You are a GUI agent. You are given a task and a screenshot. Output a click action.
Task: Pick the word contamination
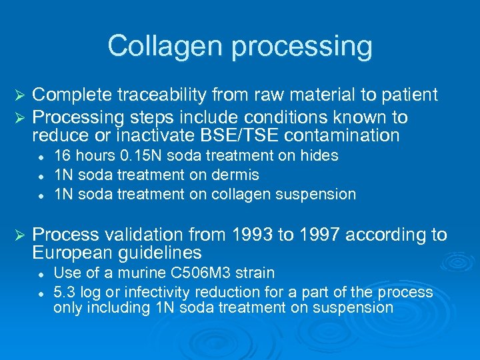pos(343,137)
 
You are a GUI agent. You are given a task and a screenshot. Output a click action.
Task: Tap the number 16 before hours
pos(62,156)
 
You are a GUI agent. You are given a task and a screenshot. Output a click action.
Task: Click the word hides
pos(320,156)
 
